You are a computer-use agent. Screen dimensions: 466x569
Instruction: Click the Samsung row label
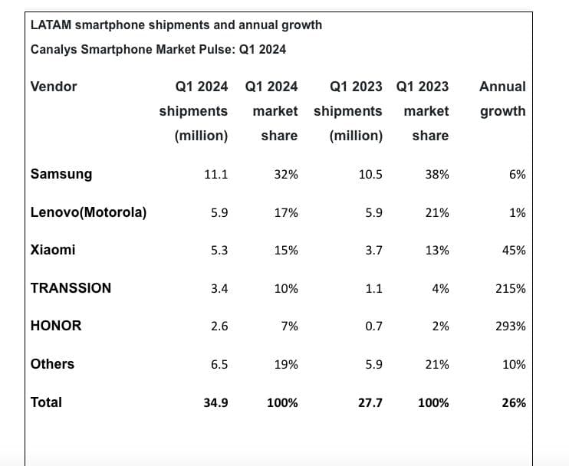point(61,174)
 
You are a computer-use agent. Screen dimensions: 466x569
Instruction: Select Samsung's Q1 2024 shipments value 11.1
point(215,175)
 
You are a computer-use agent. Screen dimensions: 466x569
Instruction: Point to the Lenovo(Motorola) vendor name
point(88,212)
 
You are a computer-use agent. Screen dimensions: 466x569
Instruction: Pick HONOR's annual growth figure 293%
point(511,327)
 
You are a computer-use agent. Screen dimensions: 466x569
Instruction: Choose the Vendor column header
point(54,87)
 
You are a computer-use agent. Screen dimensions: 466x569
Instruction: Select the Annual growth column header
point(502,99)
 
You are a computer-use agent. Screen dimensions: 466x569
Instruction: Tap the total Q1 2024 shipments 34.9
point(215,402)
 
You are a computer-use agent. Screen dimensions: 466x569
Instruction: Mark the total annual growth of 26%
point(515,402)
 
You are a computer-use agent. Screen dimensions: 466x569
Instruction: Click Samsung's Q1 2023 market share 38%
point(437,175)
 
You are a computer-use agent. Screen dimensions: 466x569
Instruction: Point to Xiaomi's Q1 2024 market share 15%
point(286,251)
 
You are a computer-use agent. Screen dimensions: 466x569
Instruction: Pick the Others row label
point(52,364)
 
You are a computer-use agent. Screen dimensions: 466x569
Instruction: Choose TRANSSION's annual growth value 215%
point(511,289)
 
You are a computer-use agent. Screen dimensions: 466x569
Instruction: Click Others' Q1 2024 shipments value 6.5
point(219,365)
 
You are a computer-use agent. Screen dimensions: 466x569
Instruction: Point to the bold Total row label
point(46,402)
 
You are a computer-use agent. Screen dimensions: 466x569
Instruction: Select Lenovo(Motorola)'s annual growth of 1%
point(518,213)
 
